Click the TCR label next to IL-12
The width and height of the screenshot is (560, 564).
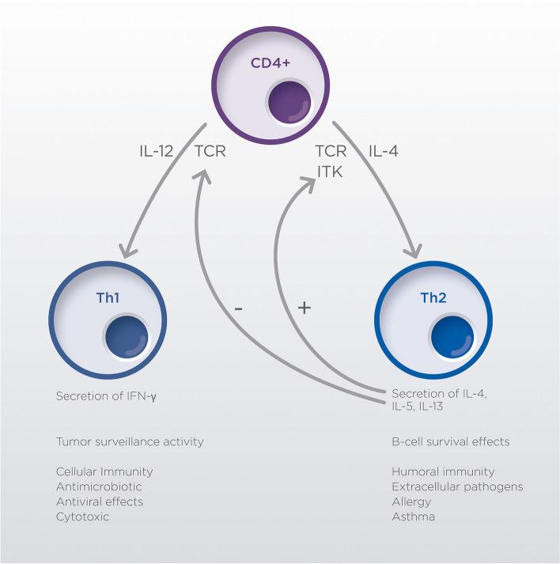(x=210, y=150)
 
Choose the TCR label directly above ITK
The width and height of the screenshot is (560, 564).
(x=331, y=150)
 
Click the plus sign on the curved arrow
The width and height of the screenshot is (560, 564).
(x=302, y=307)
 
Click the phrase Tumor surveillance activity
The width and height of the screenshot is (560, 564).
(x=130, y=441)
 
